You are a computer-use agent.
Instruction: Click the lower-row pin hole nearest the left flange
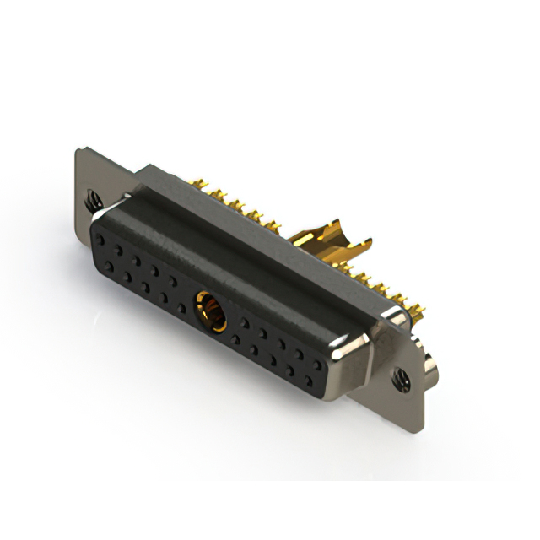click(108, 267)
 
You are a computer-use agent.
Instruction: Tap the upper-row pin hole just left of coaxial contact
click(172, 279)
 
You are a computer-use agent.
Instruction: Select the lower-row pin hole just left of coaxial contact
click(181, 305)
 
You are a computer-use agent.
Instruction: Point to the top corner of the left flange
click(80, 150)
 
